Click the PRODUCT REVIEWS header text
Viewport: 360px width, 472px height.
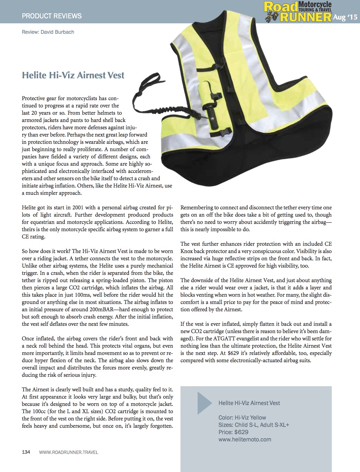click(x=52, y=16)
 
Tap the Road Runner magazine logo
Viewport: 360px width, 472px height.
click(x=298, y=11)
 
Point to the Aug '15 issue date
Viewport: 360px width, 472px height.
click(x=345, y=17)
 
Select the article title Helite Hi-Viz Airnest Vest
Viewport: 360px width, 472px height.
click(x=73, y=75)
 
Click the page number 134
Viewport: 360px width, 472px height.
click(x=26, y=452)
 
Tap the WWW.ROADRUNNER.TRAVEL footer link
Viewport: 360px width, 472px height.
click(x=68, y=452)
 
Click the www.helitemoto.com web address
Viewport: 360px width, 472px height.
click(x=245, y=439)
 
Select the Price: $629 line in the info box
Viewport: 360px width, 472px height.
click(x=233, y=432)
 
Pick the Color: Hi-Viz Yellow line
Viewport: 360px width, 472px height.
click(x=242, y=418)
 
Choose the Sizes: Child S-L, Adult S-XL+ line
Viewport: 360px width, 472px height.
click(x=254, y=425)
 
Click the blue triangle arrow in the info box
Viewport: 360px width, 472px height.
click(x=204, y=403)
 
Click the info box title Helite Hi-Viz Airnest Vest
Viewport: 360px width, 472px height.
click(x=249, y=403)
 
